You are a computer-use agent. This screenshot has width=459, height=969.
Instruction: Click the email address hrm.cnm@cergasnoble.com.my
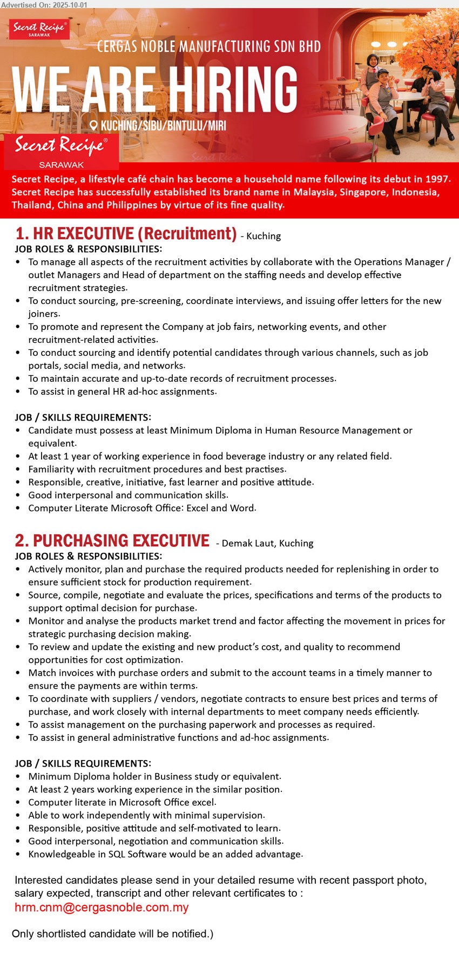(x=102, y=907)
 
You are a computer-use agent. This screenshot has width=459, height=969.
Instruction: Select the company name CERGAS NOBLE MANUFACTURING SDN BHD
(x=208, y=46)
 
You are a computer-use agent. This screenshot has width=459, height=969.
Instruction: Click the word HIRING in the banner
(x=233, y=90)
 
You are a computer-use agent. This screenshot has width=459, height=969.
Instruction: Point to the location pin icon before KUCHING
(x=93, y=126)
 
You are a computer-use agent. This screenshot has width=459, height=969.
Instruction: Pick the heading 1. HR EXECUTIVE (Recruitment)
(x=126, y=234)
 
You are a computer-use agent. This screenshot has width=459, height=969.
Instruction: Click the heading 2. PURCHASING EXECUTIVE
(x=112, y=541)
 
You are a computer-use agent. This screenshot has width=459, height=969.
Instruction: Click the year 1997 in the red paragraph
(x=436, y=179)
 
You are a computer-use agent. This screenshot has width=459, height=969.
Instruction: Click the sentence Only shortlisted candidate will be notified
(x=112, y=934)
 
